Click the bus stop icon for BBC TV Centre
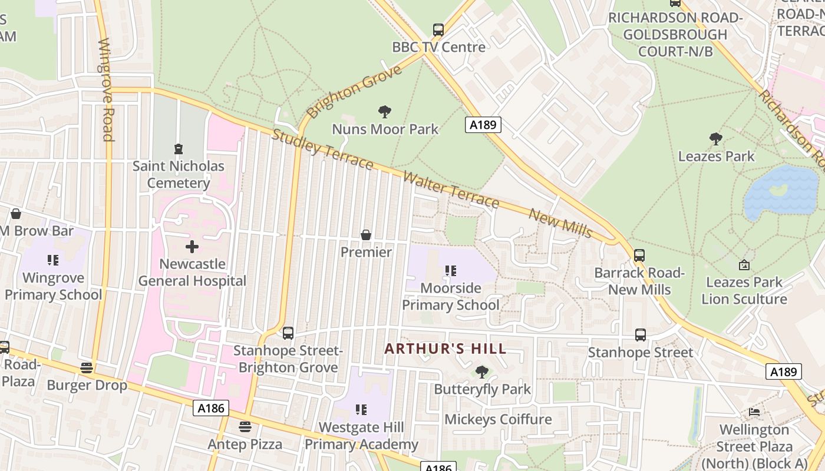(x=438, y=29)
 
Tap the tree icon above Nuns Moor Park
(x=385, y=111)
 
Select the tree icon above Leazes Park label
(x=716, y=139)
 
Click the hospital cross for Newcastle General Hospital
(x=192, y=247)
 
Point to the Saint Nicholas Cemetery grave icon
(x=178, y=149)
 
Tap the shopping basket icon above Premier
(x=366, y=235)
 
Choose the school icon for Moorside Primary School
(x=451, y=271)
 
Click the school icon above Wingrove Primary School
(x=53, y=260)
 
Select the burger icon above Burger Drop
(x=87, y=368)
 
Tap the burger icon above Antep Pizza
(x=245, y=426)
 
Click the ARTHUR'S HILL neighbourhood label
(x=445, y=349)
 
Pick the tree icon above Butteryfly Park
(x=482, y=372)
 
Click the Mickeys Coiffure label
(x=498, y=419)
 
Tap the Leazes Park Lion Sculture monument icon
(x=744, y=265)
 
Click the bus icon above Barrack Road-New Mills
(x=639, y=256)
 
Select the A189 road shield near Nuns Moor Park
(x=483, y=125)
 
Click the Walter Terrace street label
(x=451, y=190)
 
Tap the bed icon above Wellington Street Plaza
(x=754, y=412)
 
